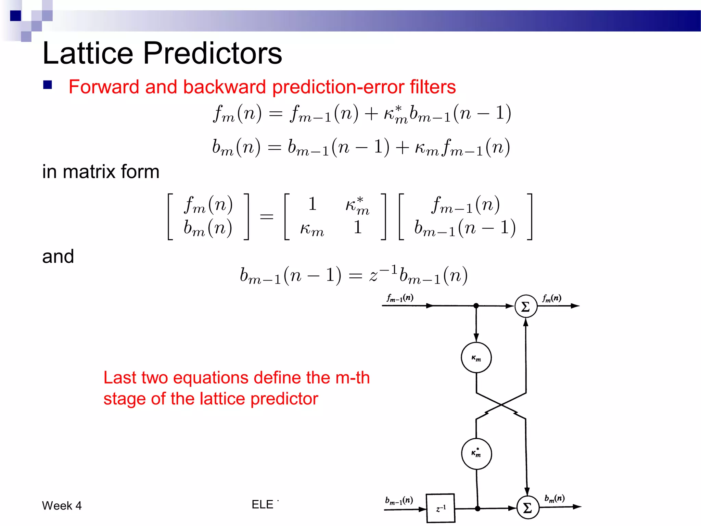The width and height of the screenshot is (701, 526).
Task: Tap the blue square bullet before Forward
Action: tap(48, 85)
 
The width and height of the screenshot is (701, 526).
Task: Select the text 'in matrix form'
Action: tap(101, 172)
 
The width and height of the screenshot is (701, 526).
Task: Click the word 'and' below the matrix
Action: tap(58, 256)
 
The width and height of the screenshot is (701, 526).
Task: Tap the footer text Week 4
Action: tap(62, 505)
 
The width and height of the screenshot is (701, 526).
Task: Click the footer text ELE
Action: tap(263, 504)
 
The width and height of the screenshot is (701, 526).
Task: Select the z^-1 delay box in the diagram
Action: tap(441, 508)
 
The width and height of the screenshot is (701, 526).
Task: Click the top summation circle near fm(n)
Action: tap(526, 306)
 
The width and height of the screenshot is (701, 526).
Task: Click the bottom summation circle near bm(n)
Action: tap(528, 508)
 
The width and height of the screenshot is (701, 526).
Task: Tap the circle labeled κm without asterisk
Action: tap(476, 358)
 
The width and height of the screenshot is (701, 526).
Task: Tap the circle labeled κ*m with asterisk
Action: tap(476, 454)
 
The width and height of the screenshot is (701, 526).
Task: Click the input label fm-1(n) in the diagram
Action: tap(400, 298)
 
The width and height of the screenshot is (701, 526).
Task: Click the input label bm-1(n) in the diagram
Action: tap(399, 500)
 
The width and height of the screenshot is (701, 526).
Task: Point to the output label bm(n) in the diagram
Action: tap(554, 498)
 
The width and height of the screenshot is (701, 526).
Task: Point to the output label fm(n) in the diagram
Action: tap(551, 298)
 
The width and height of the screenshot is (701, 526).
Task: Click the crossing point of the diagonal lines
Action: tap(501, 405)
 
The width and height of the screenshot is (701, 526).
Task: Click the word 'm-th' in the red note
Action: tap(353, 378)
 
